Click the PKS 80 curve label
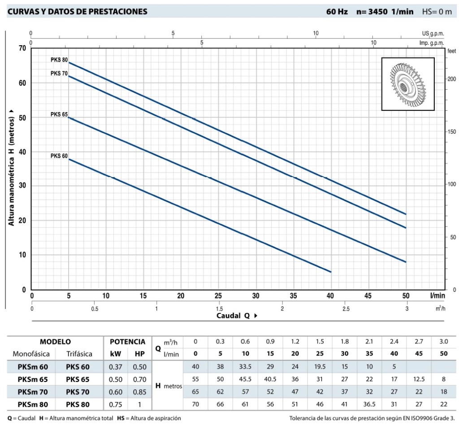59,60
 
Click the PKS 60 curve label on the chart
59,156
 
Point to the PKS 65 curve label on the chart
59,115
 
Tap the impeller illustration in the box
407,84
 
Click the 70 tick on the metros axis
22,48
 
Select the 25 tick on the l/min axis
218,296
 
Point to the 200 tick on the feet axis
451,79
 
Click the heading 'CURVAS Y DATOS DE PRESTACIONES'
77,12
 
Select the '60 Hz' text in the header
337,12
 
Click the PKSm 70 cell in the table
32,391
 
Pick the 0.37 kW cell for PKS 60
113,366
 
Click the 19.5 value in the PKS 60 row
320,366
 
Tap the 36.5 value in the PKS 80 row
369,404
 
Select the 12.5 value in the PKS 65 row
419,379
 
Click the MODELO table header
55,342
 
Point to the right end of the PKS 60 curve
331,272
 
